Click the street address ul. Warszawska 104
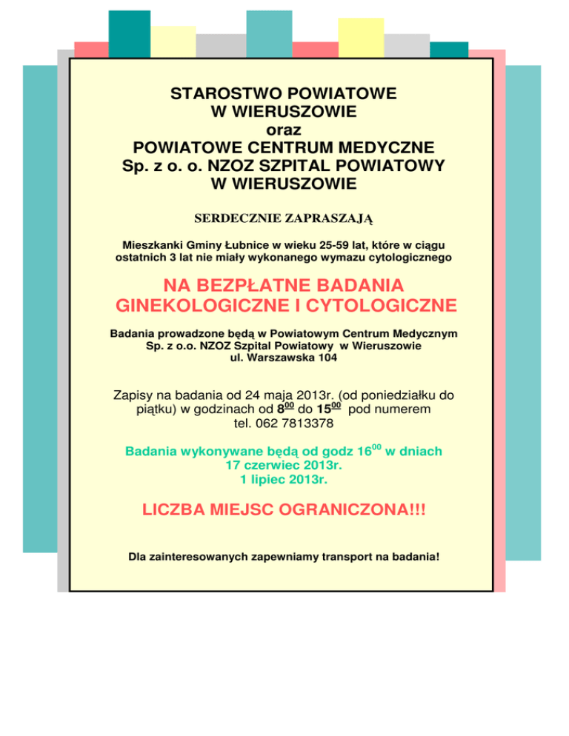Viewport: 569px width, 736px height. point(284,358)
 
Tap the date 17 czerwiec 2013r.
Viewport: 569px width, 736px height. point(284,466)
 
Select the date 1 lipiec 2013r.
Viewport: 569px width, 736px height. point(284,480)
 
